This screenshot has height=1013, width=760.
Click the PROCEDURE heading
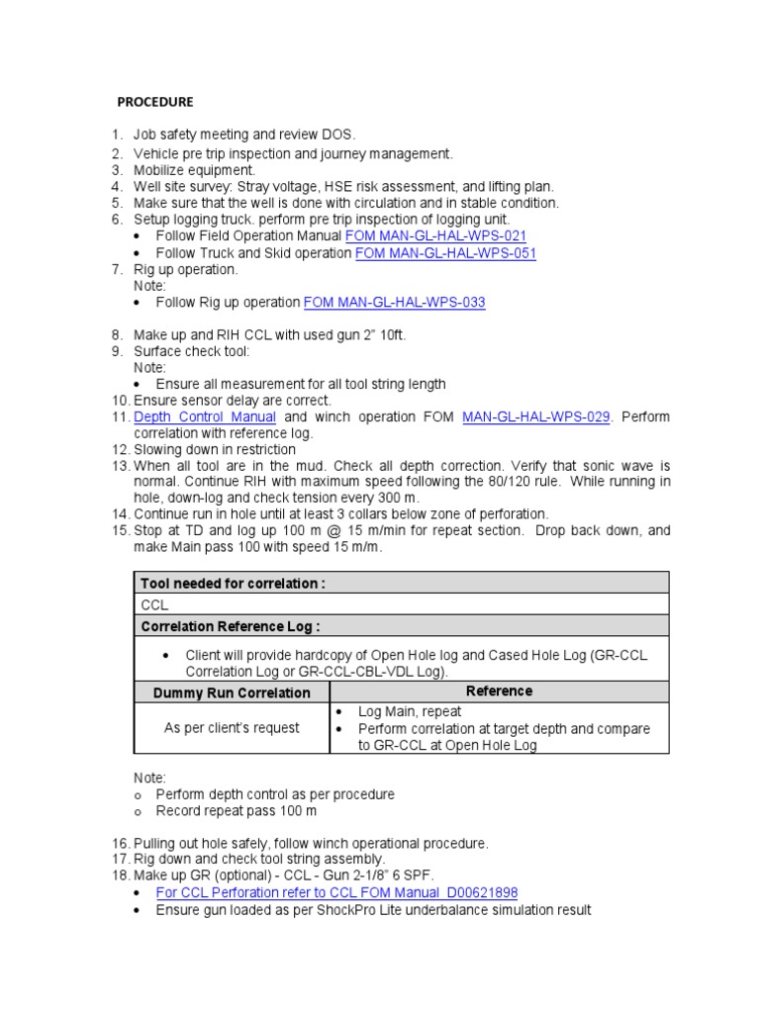click(155, 102)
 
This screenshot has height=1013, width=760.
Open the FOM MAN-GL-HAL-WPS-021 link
click(434, 236)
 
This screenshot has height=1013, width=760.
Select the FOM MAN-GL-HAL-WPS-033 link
click(394, 302)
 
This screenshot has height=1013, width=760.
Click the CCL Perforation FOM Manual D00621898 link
click(336, 892)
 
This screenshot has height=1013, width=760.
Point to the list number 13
click(121, 466)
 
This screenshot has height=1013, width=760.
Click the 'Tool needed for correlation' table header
click(233, 584)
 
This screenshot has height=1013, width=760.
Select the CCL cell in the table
click(155, 604)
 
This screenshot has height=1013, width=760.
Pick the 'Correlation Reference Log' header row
click(231, 626)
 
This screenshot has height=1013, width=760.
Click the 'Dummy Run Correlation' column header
click(231, 692)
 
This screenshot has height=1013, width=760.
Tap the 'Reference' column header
click(499, 691)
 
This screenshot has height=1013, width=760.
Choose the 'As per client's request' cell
click(231, 728)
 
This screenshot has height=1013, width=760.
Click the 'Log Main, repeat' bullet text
click(410, 711)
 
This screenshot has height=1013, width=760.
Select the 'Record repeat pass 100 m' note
click(237, 811)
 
